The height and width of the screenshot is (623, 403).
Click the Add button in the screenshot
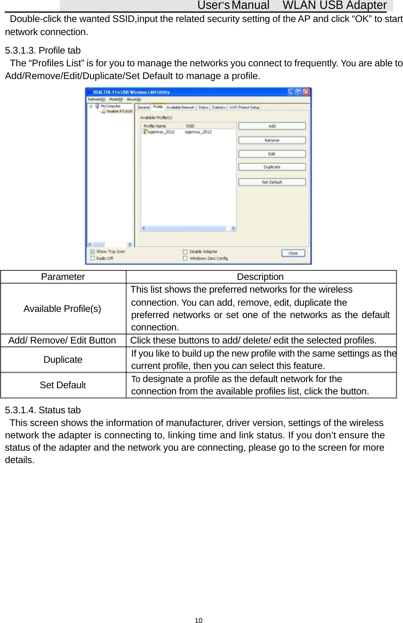[272, 126]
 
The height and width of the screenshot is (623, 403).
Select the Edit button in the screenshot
[272, 154]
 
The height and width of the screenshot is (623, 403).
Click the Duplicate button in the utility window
[272, 167]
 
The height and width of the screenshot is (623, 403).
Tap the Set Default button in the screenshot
[272, 182]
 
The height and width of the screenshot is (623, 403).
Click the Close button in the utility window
[293, 253]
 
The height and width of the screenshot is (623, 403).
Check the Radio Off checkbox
[92, 258]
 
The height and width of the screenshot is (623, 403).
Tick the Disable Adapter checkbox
[185, 252]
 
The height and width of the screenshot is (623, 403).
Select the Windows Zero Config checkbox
[185, 258]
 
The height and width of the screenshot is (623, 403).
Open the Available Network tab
[180, 108]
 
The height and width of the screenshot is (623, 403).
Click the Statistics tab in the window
[219, 108]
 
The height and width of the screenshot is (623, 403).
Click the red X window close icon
[306, 92]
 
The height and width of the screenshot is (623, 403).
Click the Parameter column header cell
[63, 277]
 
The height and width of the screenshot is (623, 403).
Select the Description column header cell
[260, 277]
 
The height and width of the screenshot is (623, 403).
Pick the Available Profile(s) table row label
[62, 309]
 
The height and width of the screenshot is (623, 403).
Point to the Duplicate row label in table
[63, 360]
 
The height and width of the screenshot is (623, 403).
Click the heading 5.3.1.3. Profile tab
[43, 51]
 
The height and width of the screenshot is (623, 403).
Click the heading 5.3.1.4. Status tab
[43, 410]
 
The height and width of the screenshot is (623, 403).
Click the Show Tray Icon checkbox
[92, 252]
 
